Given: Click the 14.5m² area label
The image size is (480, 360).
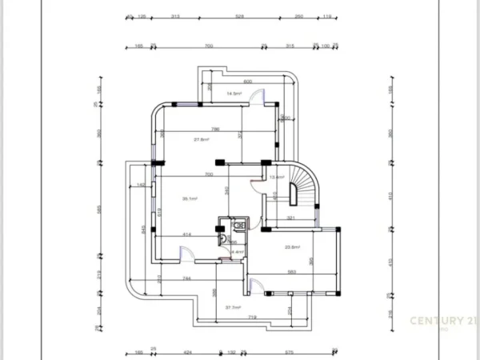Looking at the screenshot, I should [x=234, y=94].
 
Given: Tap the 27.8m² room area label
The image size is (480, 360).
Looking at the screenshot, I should [x=202, y=139].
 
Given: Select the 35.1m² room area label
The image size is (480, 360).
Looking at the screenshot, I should [x=190, y=198].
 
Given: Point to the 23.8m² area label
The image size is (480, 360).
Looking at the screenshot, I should [x=292, y=247].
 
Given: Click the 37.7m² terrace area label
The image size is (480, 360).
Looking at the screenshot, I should [x=234, y=307].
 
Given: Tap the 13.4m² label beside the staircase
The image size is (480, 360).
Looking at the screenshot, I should [x=277, y=177].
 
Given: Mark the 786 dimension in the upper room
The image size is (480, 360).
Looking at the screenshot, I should [x=214, y=129].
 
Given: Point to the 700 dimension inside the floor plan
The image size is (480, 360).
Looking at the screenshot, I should [x=208, y=174].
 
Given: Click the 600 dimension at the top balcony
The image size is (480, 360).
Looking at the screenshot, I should [x=248, y=82].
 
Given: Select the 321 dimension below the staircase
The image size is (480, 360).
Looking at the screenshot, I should [x=291, y=218].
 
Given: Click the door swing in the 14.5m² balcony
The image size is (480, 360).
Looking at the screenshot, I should [x=258, y=95].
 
